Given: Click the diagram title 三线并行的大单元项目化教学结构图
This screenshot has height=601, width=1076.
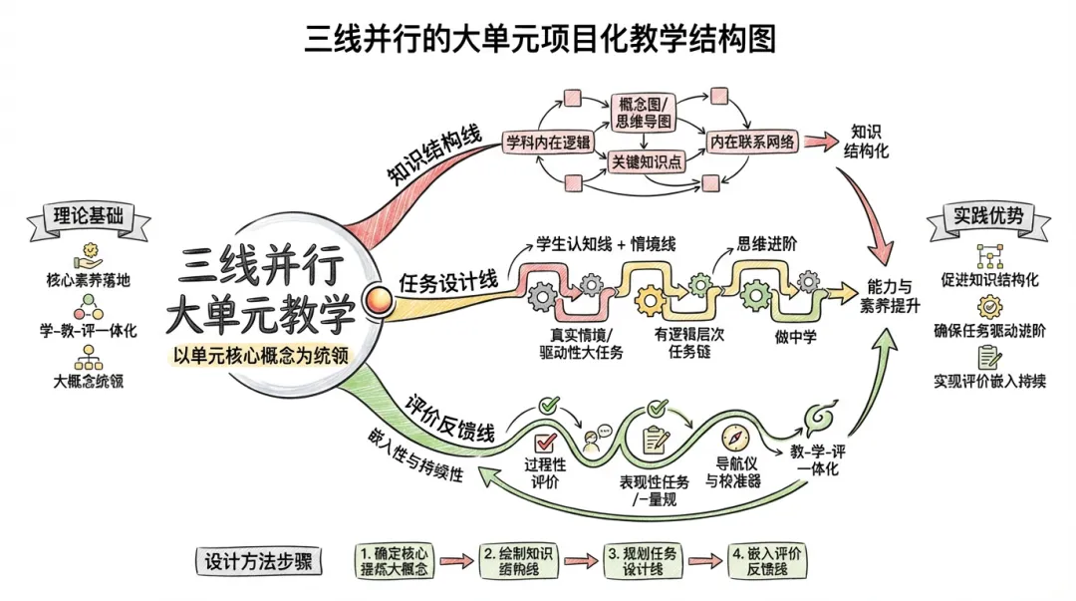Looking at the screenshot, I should click(x=539, y=38).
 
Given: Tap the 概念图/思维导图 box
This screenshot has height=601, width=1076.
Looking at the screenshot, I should click(x=642, y=113).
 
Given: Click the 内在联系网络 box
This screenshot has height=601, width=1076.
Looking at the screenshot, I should click(x=752, y=141).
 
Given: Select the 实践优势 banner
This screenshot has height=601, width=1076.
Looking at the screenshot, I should click(x=987, y=216).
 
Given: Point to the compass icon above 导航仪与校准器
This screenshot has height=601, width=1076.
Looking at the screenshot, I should click(x=735, y=438).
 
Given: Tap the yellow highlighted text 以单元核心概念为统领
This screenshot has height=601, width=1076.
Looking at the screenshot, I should click(x=265, y=353).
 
